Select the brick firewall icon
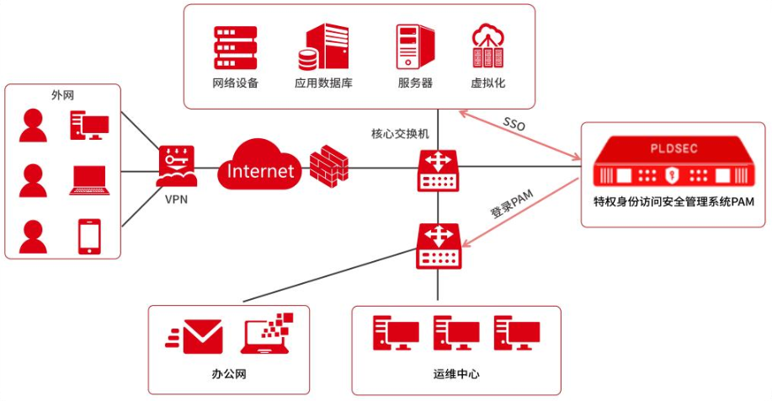328,164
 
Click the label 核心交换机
400,133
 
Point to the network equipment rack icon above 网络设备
235,47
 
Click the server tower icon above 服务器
415,47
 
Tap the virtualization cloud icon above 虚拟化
488,47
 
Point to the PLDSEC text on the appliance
674,148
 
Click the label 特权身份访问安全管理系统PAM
673,201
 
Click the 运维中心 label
455,373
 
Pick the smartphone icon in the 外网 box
89,237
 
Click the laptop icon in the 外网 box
89,180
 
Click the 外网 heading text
63,95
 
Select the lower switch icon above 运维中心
438,245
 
